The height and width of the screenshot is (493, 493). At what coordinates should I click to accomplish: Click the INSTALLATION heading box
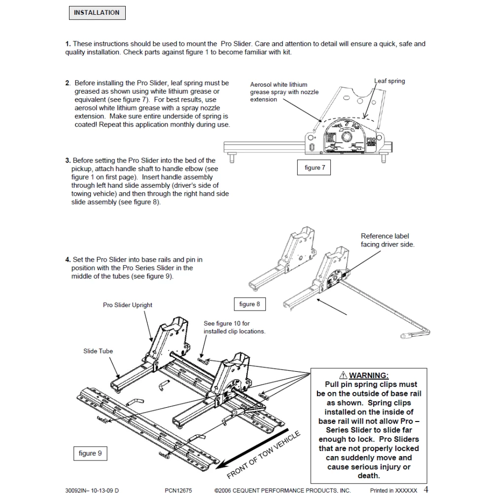pos(97,12)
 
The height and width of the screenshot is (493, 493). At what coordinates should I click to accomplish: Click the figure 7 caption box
pos(315,168)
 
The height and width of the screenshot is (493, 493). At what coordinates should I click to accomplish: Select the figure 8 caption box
pos(249,304)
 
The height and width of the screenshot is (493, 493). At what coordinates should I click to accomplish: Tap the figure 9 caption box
pos(90,453)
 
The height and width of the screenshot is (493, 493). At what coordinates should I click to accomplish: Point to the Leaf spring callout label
pos(389,81)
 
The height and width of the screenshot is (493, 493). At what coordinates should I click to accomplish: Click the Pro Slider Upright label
pos(128,305)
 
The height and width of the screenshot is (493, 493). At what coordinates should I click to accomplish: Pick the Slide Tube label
pos(98,351)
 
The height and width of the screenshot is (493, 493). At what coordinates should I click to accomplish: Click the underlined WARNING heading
pos(369,376)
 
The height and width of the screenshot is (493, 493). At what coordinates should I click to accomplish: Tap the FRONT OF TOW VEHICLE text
pos(264,454)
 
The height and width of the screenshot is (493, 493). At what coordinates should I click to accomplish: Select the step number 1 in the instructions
pos(68,44)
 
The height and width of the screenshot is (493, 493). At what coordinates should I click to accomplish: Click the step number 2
pos(68,83)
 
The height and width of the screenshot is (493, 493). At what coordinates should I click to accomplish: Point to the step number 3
pos(68,160)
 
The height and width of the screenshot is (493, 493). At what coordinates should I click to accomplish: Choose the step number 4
pos(68,259)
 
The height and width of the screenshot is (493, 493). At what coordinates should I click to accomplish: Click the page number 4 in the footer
pos(426,490)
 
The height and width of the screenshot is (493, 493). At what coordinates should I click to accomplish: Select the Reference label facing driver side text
pos(387,240)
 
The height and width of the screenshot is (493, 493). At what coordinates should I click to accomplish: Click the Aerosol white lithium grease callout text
pos(284,92)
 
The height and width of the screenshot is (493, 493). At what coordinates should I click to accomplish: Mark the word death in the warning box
pos(369,476)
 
